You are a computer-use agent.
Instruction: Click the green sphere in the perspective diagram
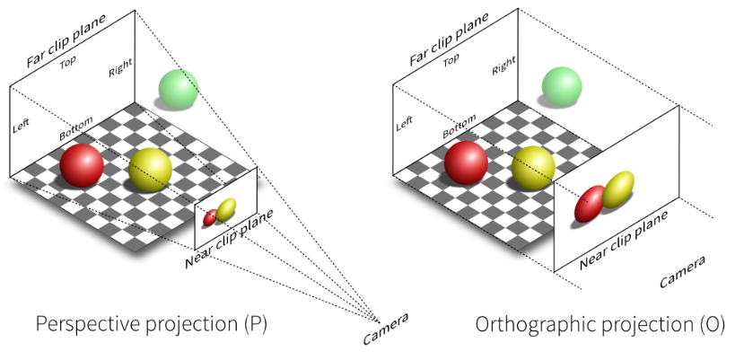[177, 88]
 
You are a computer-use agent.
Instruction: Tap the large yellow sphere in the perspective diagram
[150, 170]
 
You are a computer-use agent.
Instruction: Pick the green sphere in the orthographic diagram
[561, 88]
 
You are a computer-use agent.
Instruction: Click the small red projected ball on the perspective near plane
[211, 217]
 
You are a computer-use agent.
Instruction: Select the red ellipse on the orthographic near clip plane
[591, 204]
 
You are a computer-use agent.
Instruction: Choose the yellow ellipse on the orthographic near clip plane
[617, 189]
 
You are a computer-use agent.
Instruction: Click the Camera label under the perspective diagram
[386, 329]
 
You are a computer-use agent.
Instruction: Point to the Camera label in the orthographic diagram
[682, 272]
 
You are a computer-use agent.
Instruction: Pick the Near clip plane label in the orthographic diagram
[623, 240]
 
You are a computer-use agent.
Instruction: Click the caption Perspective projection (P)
[152, 323]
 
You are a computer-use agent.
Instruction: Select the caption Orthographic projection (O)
[600, 323]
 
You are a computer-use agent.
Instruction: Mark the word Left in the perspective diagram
[22, 127]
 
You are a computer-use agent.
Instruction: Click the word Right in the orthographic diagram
[503, 65]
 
